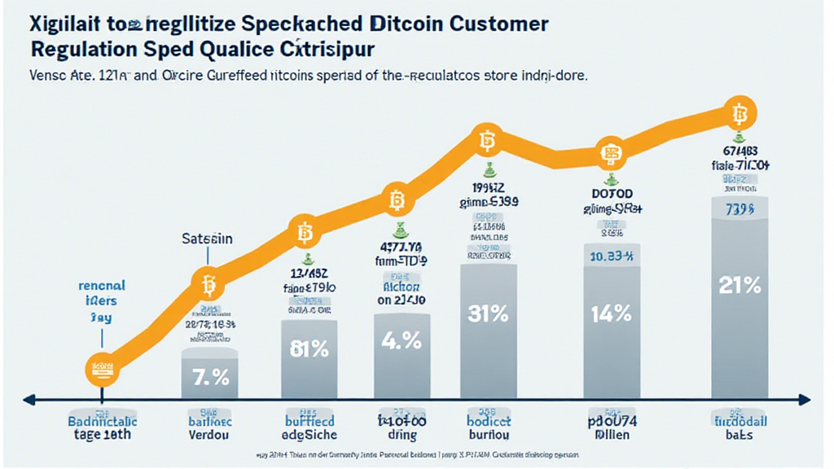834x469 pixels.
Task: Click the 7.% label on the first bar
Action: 210,377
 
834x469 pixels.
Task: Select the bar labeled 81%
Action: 310,358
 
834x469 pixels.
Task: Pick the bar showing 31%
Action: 489,326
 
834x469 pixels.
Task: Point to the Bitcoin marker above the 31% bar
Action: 487,142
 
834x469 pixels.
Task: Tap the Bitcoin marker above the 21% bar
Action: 740,112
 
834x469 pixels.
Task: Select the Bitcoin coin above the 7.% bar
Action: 207,285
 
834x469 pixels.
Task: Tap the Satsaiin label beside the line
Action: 205,239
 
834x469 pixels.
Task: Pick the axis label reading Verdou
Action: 210,436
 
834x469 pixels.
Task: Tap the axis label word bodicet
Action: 489,422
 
